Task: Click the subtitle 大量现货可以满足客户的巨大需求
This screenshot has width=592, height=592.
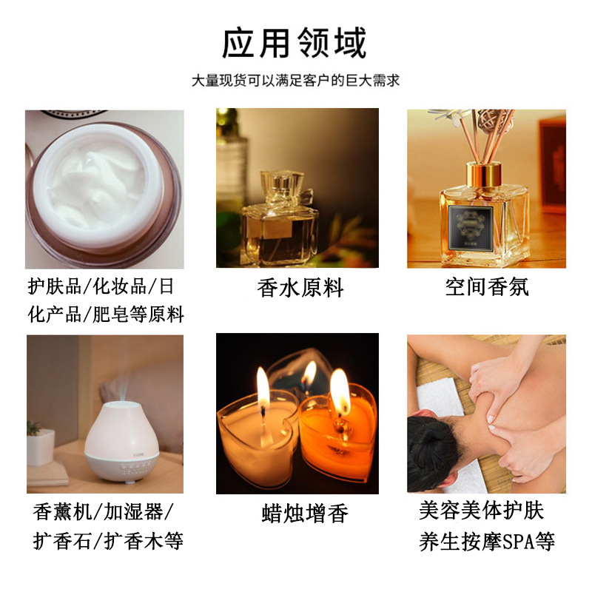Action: click(295, 81)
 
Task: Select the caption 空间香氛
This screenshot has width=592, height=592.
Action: click(487, 287)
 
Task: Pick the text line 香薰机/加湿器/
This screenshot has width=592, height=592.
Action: click(104, 512)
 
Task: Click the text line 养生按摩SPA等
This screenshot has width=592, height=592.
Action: click(487, 541)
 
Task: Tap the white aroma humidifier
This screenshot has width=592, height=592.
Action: click(123, 443)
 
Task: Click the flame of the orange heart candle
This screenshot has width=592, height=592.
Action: click(339, 392)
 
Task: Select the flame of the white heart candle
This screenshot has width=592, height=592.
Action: click(263, 386)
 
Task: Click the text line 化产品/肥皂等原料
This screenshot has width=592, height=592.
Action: click(105, 314)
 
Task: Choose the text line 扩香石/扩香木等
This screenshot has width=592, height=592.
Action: click(108, 541)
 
